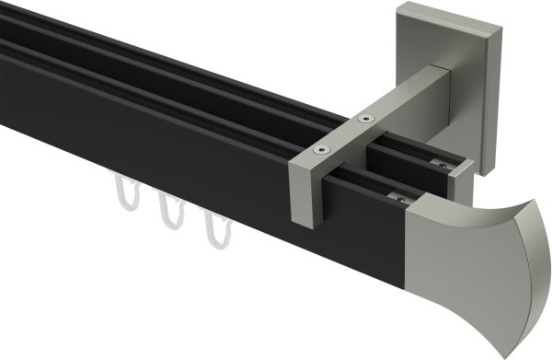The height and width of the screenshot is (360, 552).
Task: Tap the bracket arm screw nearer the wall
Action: (367, 119)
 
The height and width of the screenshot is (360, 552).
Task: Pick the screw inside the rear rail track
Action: (443, 164)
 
